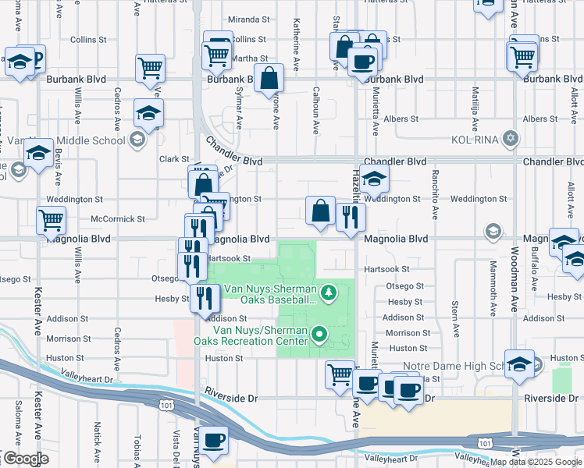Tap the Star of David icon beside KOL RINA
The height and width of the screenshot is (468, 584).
511,139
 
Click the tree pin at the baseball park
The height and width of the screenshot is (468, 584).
329,292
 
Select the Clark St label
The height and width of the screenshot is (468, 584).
174,158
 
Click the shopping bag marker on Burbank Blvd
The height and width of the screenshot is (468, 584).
269,79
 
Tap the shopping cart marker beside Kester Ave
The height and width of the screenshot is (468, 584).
51,221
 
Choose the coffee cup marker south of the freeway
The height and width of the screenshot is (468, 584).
213,440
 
